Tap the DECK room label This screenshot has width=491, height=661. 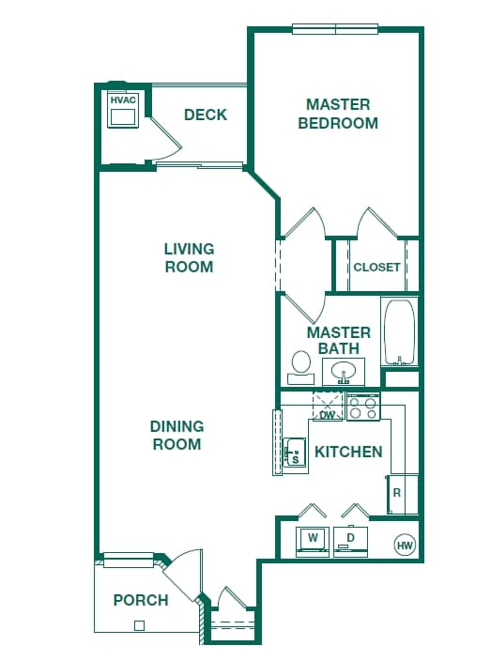point(206,115)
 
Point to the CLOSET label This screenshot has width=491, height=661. point(376,267)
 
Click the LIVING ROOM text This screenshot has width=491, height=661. point(189,257)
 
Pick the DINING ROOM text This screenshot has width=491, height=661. point(176,435)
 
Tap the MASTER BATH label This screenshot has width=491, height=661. point(339,340)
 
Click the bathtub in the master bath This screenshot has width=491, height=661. point(400,331)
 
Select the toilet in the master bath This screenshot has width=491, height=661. point(301,364)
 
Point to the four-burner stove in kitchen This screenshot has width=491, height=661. point(363,407)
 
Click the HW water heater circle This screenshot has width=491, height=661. point(405,545)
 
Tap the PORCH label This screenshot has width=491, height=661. point(141,600)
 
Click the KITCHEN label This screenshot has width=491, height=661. point(348,452)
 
